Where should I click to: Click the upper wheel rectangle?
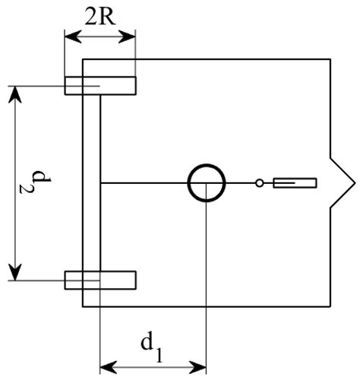point(99,86)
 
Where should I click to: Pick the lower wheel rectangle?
point(99,280)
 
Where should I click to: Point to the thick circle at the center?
point(207,183)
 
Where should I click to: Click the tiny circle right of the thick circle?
point(259,183)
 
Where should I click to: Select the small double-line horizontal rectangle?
point(294,183)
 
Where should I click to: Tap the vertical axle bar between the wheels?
point(91,183)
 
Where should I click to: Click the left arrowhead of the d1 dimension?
point(106,367)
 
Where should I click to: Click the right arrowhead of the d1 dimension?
point(201,367)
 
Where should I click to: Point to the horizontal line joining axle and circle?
point(144,183)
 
